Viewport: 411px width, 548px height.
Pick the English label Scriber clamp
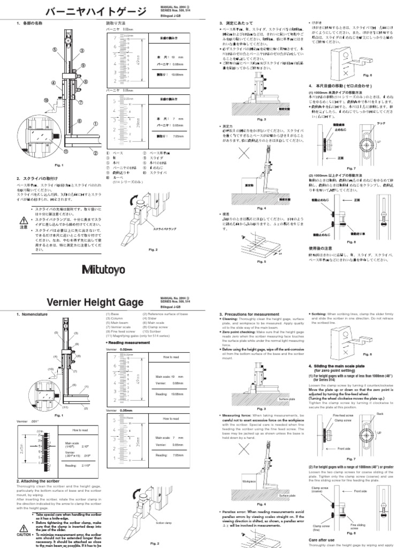(x=163, y=523)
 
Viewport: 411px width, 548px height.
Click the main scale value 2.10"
(x=86, y=444)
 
